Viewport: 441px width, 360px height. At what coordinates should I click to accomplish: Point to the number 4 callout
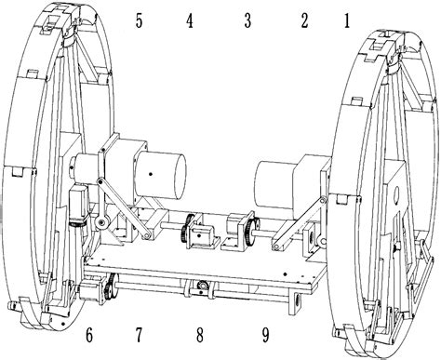coord(190,18)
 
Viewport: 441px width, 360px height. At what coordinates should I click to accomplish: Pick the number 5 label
coord(139,18)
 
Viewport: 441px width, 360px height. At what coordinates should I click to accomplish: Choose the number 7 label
coord(139,333)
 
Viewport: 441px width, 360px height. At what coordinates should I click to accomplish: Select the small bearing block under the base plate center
coord(197,286)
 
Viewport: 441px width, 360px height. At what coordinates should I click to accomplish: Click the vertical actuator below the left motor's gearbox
coord(78,207)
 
